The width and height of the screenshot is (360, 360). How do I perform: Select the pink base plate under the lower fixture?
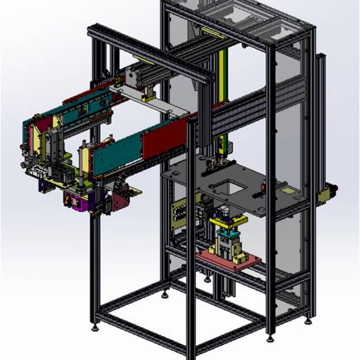coord(229,261)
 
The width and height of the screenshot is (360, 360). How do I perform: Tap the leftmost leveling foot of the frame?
coord(95,327)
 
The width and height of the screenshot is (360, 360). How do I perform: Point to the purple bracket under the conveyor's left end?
coord(44,185)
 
